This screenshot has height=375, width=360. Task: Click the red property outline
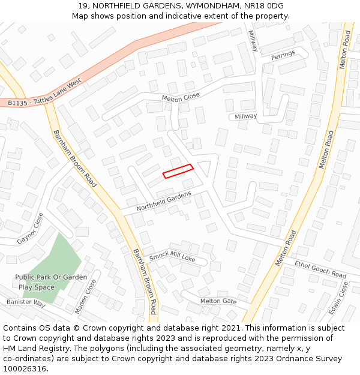click(x=178, y=171)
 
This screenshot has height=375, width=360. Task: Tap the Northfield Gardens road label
click(x=163, y=201)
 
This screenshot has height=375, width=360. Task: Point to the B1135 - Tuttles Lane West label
click(x=44, y=95)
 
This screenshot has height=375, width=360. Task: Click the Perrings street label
click(x=283, y=55)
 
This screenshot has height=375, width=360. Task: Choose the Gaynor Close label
click(x=30, y=229)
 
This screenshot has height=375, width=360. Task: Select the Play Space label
click(x=36, y=287)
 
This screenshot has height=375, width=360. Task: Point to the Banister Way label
click(x=26, y=303)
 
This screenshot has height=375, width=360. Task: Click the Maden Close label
click(x=85, y=296)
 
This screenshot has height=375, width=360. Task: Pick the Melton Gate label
click(x=218, y=301)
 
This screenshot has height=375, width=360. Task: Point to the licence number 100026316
click(x=25, y=368)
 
